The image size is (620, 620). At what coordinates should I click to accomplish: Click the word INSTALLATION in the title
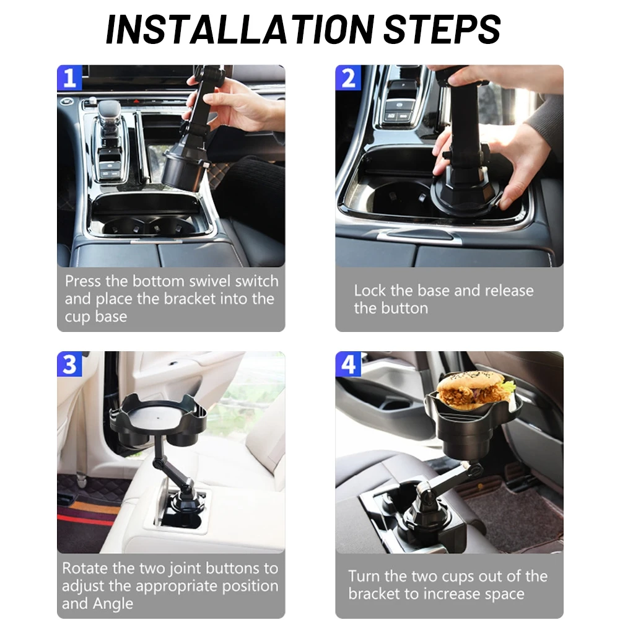point(240,30)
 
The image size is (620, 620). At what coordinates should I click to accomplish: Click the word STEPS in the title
point(442,30)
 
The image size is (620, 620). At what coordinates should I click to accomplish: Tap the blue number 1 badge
point(69,78)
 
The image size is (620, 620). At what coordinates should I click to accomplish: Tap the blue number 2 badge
point(348,78)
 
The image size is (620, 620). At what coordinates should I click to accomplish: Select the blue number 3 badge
point(69,364)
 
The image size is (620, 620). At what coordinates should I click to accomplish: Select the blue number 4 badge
point(348,364)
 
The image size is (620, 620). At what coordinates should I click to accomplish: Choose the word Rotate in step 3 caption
point(85,568)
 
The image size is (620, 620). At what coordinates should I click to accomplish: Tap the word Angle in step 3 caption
point(113,604)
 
